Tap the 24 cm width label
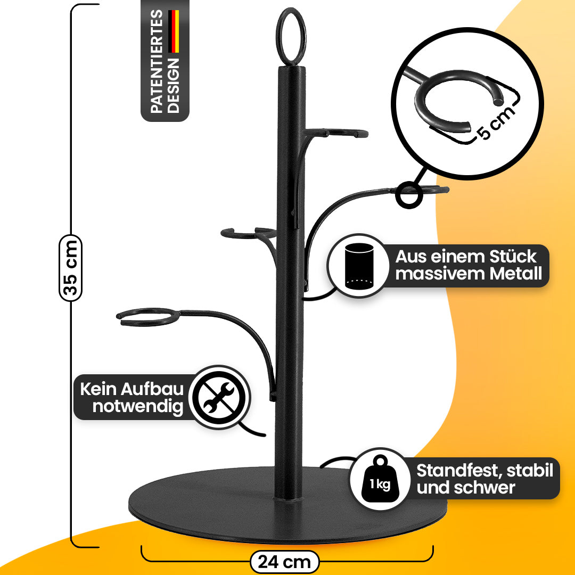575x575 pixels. pyautogui.click(x=284, y=562)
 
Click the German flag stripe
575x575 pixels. pyautogui.click(x=174, y=32)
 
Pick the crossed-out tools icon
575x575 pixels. pyautogui.click(x=219, y=397)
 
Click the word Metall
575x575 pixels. pyautogui.click(x=517, y=274)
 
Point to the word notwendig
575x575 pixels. pyautogui.click(x=138, y=407)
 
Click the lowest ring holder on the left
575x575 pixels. pyautogui.click(x=146, y=316)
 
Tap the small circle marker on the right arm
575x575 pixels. pyautogui.click(x=410, y=195)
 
